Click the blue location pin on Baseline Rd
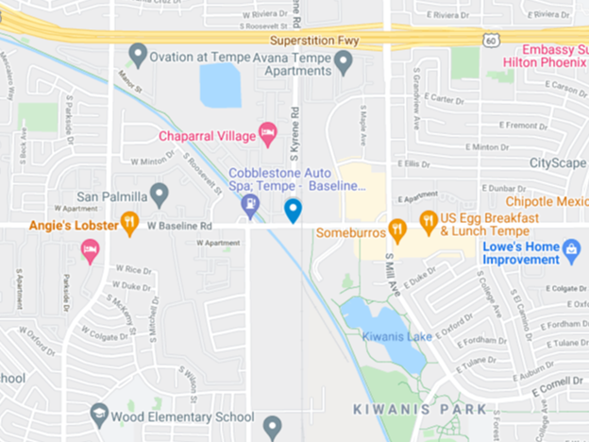click(294, 210)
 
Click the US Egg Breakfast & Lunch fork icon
click(429, 221)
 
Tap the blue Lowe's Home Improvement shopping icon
click(571, 249)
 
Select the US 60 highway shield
click(490, 41)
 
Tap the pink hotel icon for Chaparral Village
click(267, 136)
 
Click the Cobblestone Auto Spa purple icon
click(250, 202)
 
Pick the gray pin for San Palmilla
click(159, 195)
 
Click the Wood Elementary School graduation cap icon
click(99, 414)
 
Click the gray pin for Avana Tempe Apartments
click(345, 63)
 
